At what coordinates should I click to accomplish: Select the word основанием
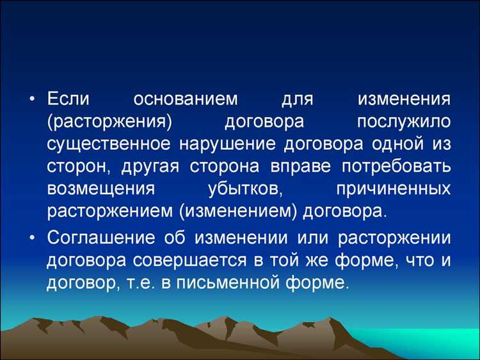pos(186,99)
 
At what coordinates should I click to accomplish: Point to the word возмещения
pos(100,189)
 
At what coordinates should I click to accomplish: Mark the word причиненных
pos(392,189)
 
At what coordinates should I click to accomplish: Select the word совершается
pos(188,260)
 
